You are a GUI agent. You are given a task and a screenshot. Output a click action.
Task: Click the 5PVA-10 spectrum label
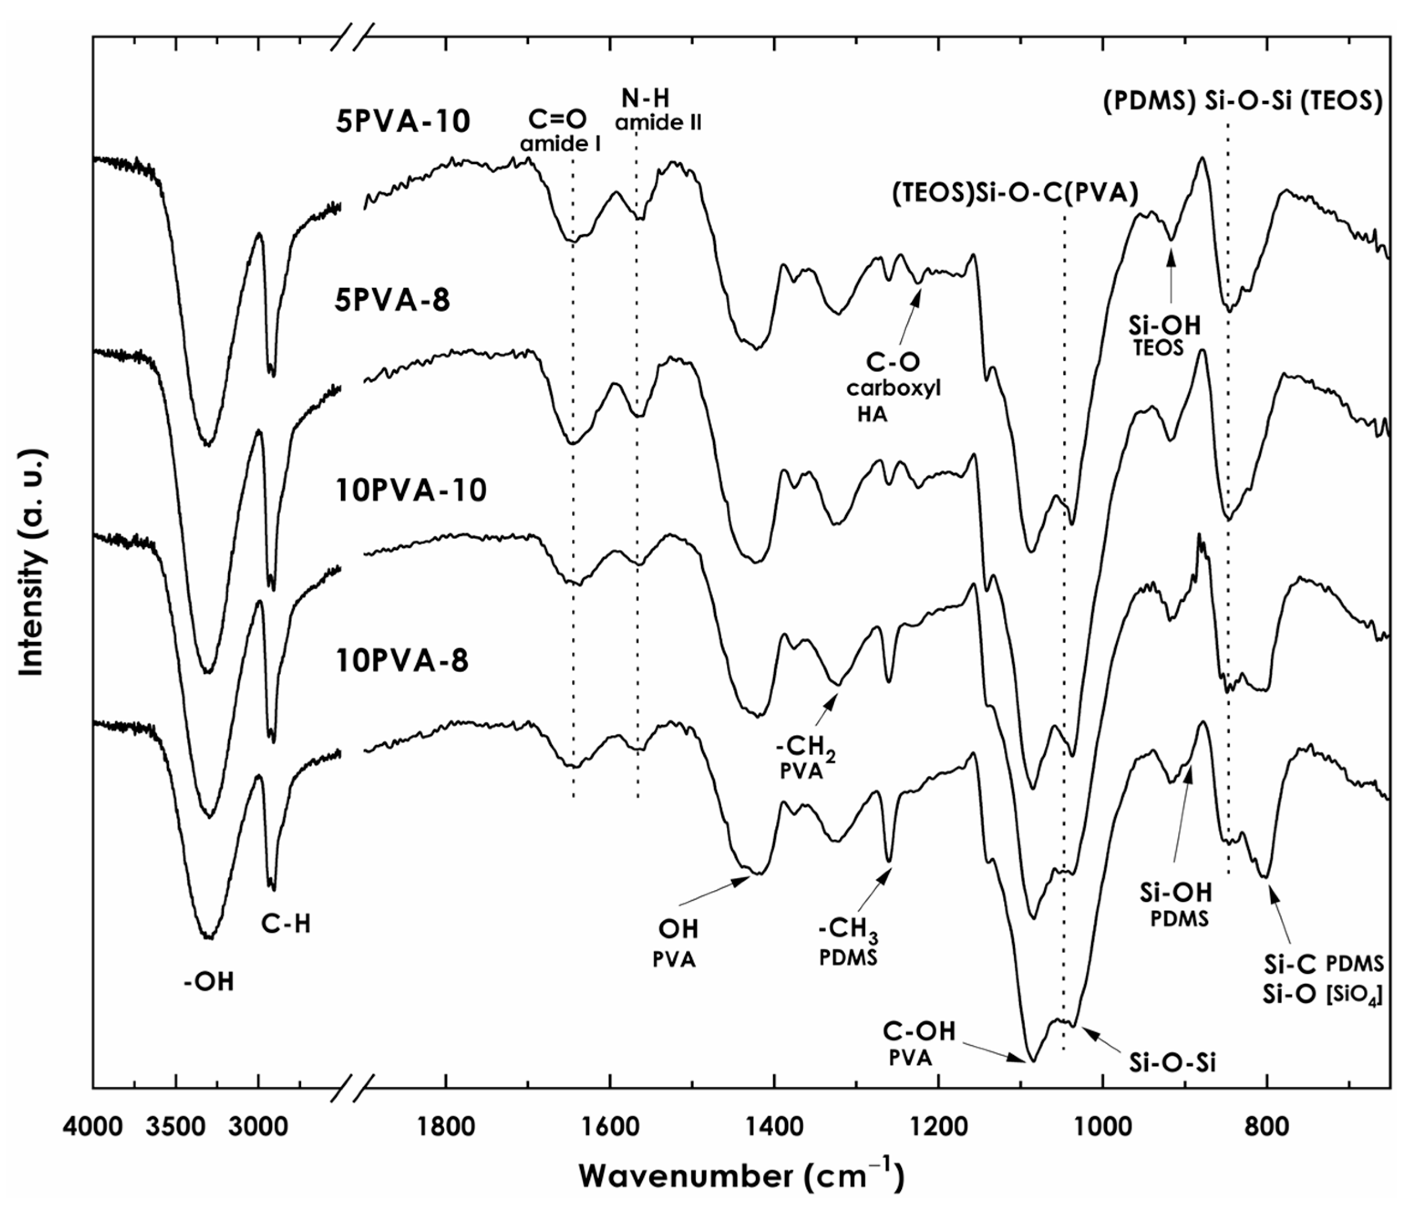tap(403, 122)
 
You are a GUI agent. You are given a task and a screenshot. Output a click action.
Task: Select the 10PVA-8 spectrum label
tap(403, 661)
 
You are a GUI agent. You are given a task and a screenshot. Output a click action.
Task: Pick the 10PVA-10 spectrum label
tap(411, 490)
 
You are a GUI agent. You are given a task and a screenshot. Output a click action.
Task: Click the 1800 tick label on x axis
tap(446, 1126)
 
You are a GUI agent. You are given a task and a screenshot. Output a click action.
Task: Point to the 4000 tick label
tap(93, 1126)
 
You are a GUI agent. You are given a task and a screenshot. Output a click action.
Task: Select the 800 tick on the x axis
tap(1267, 1126)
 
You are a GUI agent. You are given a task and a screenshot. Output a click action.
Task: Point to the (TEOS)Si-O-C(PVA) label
tap(1015, 194)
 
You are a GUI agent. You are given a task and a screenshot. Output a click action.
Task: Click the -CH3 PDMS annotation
tap(849, 946)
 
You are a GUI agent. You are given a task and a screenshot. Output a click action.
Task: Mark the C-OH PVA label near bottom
tap(918, 1042)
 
